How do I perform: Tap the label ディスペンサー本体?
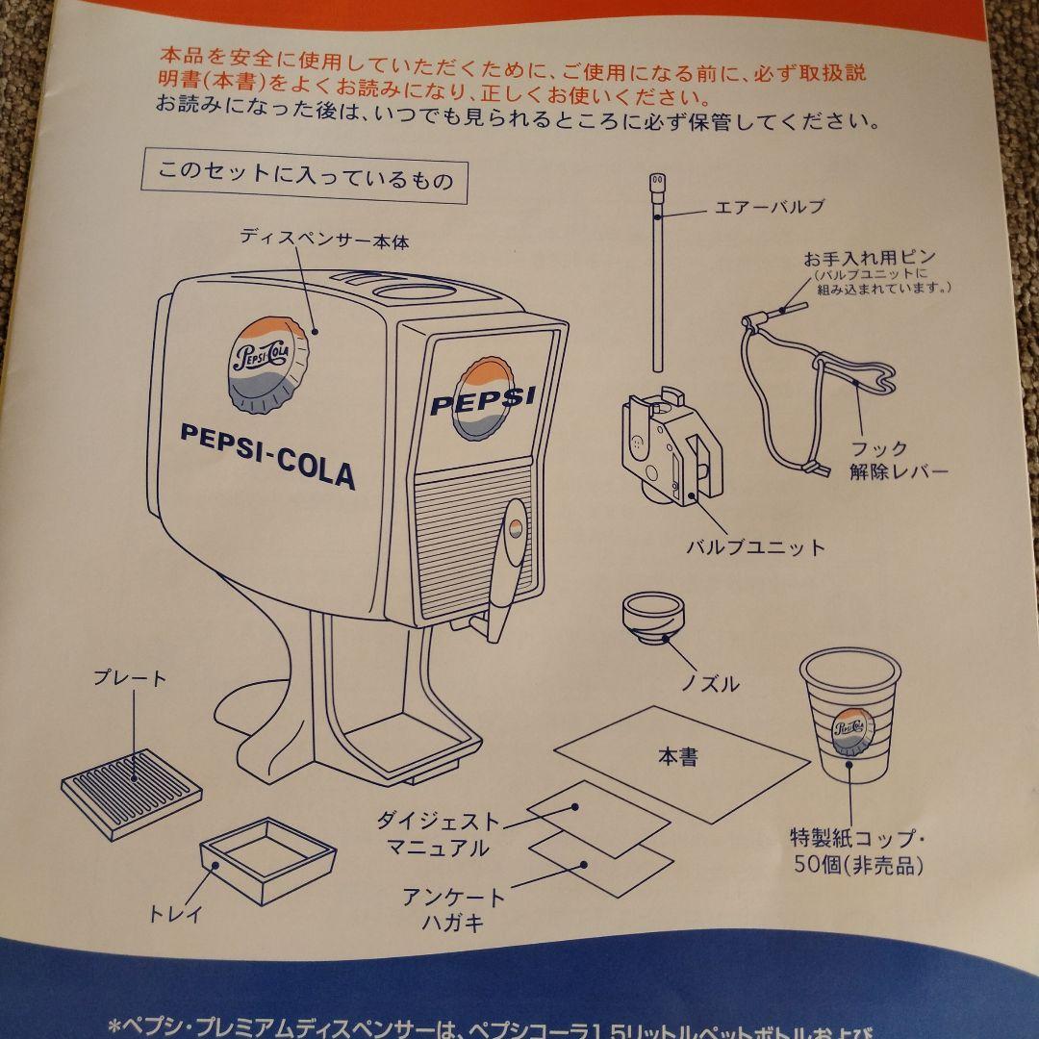point(324,240)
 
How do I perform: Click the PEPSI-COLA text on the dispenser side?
point(267,453)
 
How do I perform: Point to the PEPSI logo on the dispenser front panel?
point(481,398)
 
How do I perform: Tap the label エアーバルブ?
point(771,206)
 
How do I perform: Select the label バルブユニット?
point(755,547)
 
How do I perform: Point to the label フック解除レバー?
point(899,460)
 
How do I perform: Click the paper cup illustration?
point(849,712)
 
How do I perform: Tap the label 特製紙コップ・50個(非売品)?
point(857,850)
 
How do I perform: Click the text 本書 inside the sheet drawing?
point(677,757)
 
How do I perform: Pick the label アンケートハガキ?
point(454,910)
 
